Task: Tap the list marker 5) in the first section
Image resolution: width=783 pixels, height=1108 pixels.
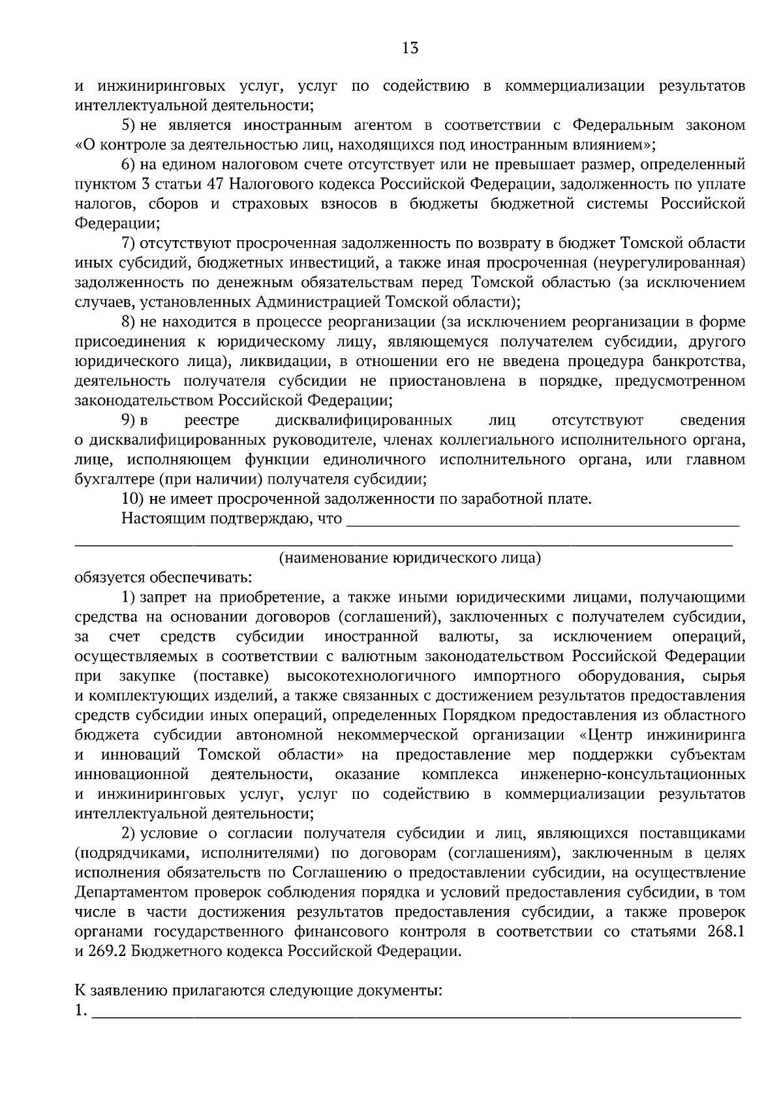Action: [x=129, y=125]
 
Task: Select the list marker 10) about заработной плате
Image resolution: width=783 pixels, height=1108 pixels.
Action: [x=132, y=499]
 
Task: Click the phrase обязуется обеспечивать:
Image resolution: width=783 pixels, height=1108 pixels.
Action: [x=163, y=577]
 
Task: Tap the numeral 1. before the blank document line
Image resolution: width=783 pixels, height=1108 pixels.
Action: [x=81, y=1011]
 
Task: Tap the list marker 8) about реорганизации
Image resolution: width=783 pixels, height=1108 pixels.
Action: [x=129, y=322]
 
